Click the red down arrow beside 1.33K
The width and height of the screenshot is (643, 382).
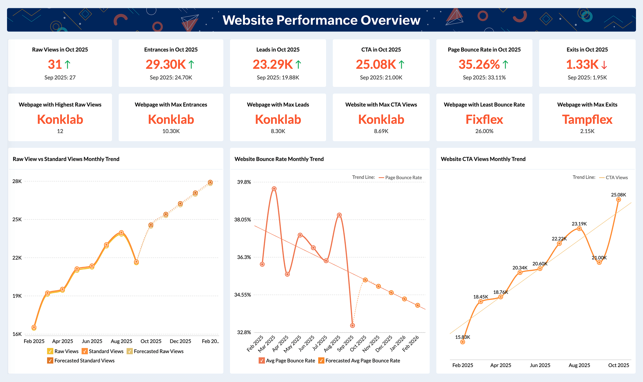point(604,65)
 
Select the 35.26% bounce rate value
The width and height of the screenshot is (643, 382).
point(479,64)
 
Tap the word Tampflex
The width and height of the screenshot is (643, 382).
point(587,119)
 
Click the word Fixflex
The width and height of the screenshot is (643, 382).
point(484,119)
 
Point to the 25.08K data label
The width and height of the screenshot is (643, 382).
point(618,195)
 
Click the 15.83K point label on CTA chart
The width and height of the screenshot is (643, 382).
point(462,337)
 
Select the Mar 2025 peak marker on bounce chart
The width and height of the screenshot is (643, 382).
point(274,189)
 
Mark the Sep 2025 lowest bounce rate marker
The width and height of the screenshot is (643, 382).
point(352,326)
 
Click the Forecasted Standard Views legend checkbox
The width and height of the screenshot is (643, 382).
point(50,361)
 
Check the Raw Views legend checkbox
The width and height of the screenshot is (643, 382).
point(50,351)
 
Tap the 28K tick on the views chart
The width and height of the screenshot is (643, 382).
point(17,181)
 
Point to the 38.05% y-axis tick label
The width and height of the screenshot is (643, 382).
point(242,220)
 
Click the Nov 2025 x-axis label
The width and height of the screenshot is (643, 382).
point(371,343)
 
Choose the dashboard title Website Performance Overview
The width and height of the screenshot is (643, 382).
point(321,20)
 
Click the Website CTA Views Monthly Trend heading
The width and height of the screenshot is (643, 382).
point(483,159)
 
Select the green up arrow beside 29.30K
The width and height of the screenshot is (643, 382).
point(191,65)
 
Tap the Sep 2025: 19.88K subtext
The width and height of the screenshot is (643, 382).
point(278,77)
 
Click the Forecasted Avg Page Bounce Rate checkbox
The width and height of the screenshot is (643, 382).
point(321,361)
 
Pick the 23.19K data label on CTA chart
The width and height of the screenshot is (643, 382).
point(579,224)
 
